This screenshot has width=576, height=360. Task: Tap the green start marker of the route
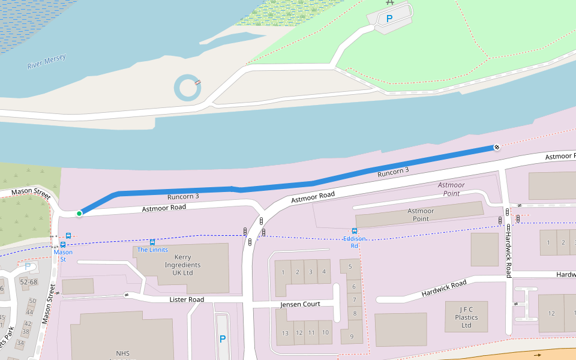click(x=79, y=214)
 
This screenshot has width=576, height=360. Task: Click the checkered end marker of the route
click(x=496, y=147)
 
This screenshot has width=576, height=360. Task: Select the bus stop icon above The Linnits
click(x=152, y=242)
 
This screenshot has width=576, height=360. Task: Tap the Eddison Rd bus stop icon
click(x=355, y=231)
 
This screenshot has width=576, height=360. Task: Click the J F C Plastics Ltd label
click(x=466, y=317)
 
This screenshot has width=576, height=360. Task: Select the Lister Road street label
click(x=187, y=299)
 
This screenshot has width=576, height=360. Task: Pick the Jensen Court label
click(x=300, y=304)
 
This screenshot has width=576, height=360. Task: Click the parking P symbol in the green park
click(x=389, y=19)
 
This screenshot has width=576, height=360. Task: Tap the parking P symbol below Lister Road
click(x=223, y=339)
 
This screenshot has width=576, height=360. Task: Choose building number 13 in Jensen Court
click(x=285, y=333)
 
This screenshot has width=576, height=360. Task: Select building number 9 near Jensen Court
click(x=351, y=336)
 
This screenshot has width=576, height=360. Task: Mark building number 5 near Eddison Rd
click(x=350, y=266)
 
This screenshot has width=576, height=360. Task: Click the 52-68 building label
click(x=29, y=282)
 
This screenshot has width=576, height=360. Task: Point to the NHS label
click(x=122, y=353)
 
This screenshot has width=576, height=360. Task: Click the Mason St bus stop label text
click(x=63, y=256)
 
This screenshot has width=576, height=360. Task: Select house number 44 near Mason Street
click(x=29, y=313)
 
